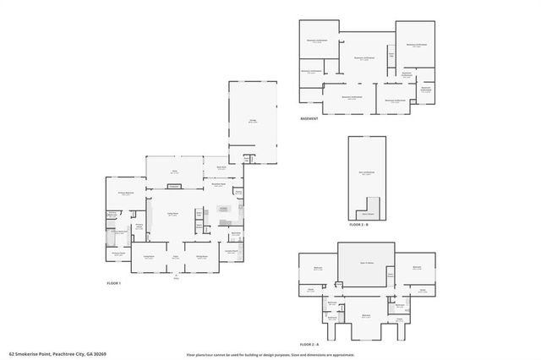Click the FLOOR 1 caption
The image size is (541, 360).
click(114, 283)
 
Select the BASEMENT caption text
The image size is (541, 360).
click(309, 118)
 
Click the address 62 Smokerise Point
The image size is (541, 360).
click(34, 355)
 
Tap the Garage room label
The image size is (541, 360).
click(252, 122)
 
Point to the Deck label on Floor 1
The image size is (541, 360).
click(174, 172)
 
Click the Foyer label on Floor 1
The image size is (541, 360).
click(177, 257)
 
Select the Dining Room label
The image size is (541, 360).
click(203, 257)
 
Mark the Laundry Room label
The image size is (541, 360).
click(231, 250)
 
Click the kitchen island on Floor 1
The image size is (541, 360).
click(223, 209)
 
